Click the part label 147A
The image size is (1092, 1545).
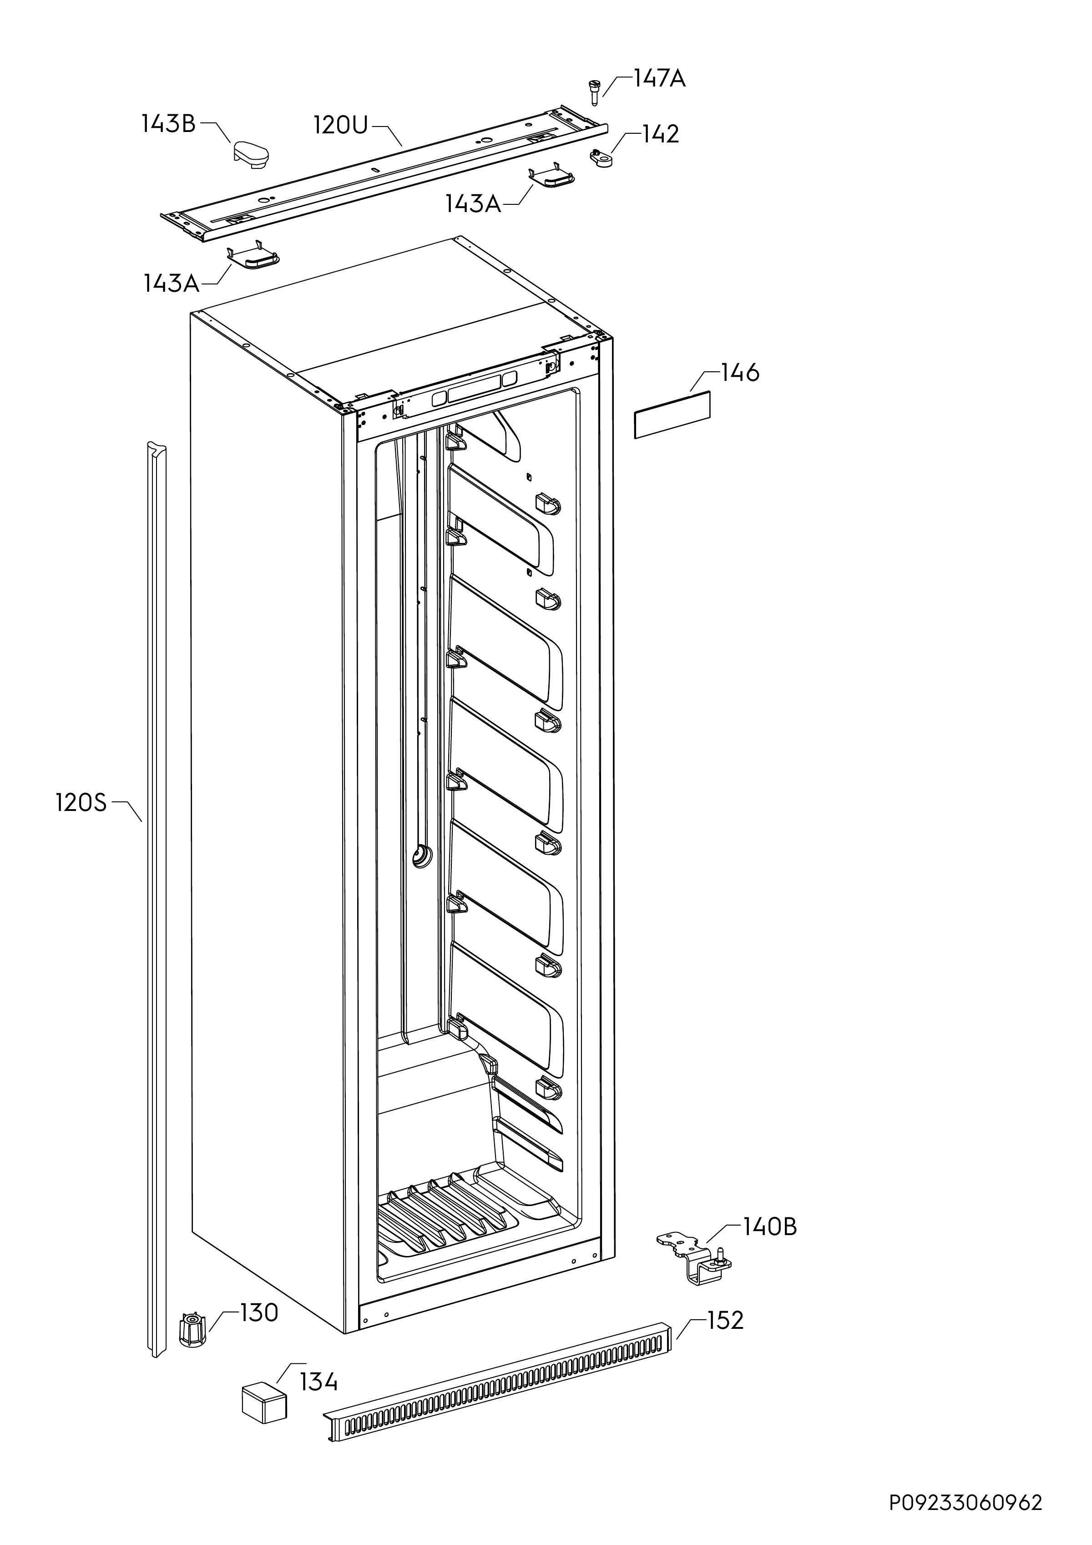tap(659, 79)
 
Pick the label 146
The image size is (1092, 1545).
tap(740, 372)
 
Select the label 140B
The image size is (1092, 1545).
tap(770, 1227)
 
